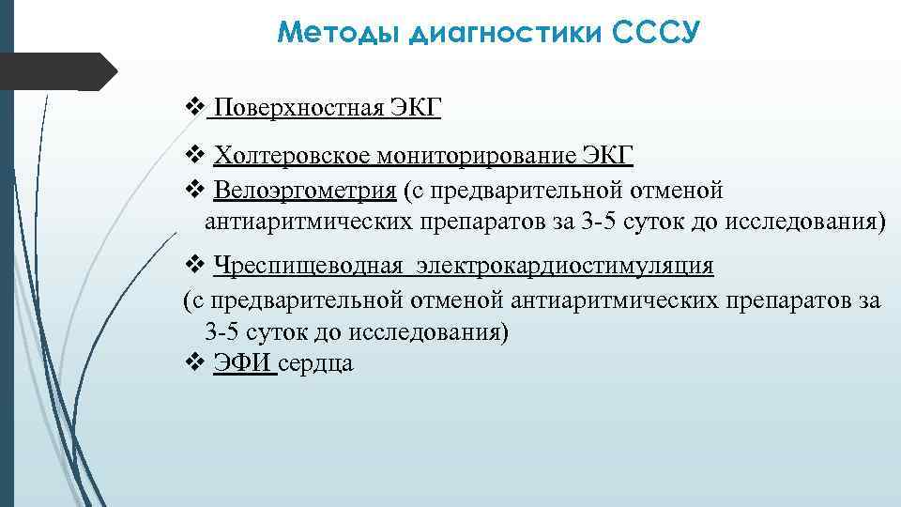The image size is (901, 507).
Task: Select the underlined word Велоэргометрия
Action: tap(304, 191)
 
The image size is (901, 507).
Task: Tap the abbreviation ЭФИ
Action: tap(244, 363)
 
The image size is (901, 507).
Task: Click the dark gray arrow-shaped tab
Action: tap(56, 70)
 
